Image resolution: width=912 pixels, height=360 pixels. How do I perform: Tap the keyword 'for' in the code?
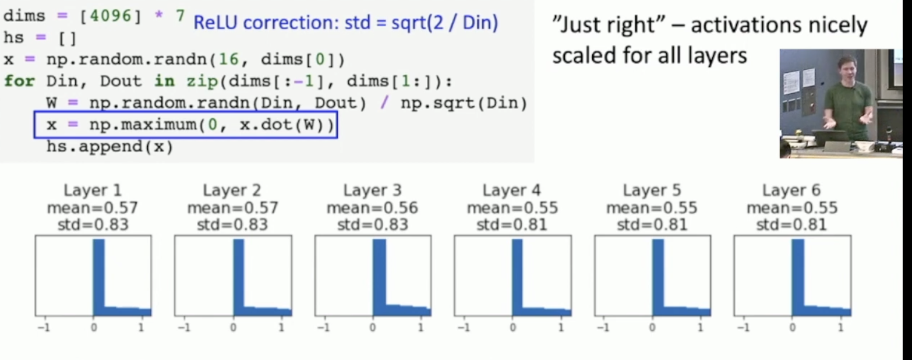(x=19, y=81)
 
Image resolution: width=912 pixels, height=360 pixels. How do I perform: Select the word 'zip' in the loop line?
(x=203, y=81)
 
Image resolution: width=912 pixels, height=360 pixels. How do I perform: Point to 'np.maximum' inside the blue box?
(x=143, y=124)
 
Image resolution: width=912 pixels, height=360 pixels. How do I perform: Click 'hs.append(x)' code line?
(x=110, y=146)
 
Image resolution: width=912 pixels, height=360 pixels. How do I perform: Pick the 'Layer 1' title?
(x=93, y=190)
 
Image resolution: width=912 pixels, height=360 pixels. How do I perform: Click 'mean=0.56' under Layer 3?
(x=372, y=208)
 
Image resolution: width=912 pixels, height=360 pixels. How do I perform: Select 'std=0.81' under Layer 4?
(x=512, y=224)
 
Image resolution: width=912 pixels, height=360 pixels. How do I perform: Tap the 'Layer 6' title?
(x=791, y=190)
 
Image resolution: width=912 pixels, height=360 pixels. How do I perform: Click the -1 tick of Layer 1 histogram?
(x=44, y=327)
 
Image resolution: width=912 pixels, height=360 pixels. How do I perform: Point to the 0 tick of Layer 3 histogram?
(x=373, y=327)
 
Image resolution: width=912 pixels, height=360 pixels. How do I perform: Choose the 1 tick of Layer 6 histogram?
(x=840, y=327)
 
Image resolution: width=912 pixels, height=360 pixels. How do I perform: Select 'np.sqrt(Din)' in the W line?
(x=464, y=103)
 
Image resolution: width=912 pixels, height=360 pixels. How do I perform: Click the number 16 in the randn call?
(x=228, y=59)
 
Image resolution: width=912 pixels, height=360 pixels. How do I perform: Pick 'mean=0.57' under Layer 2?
(x=232, y=208)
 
